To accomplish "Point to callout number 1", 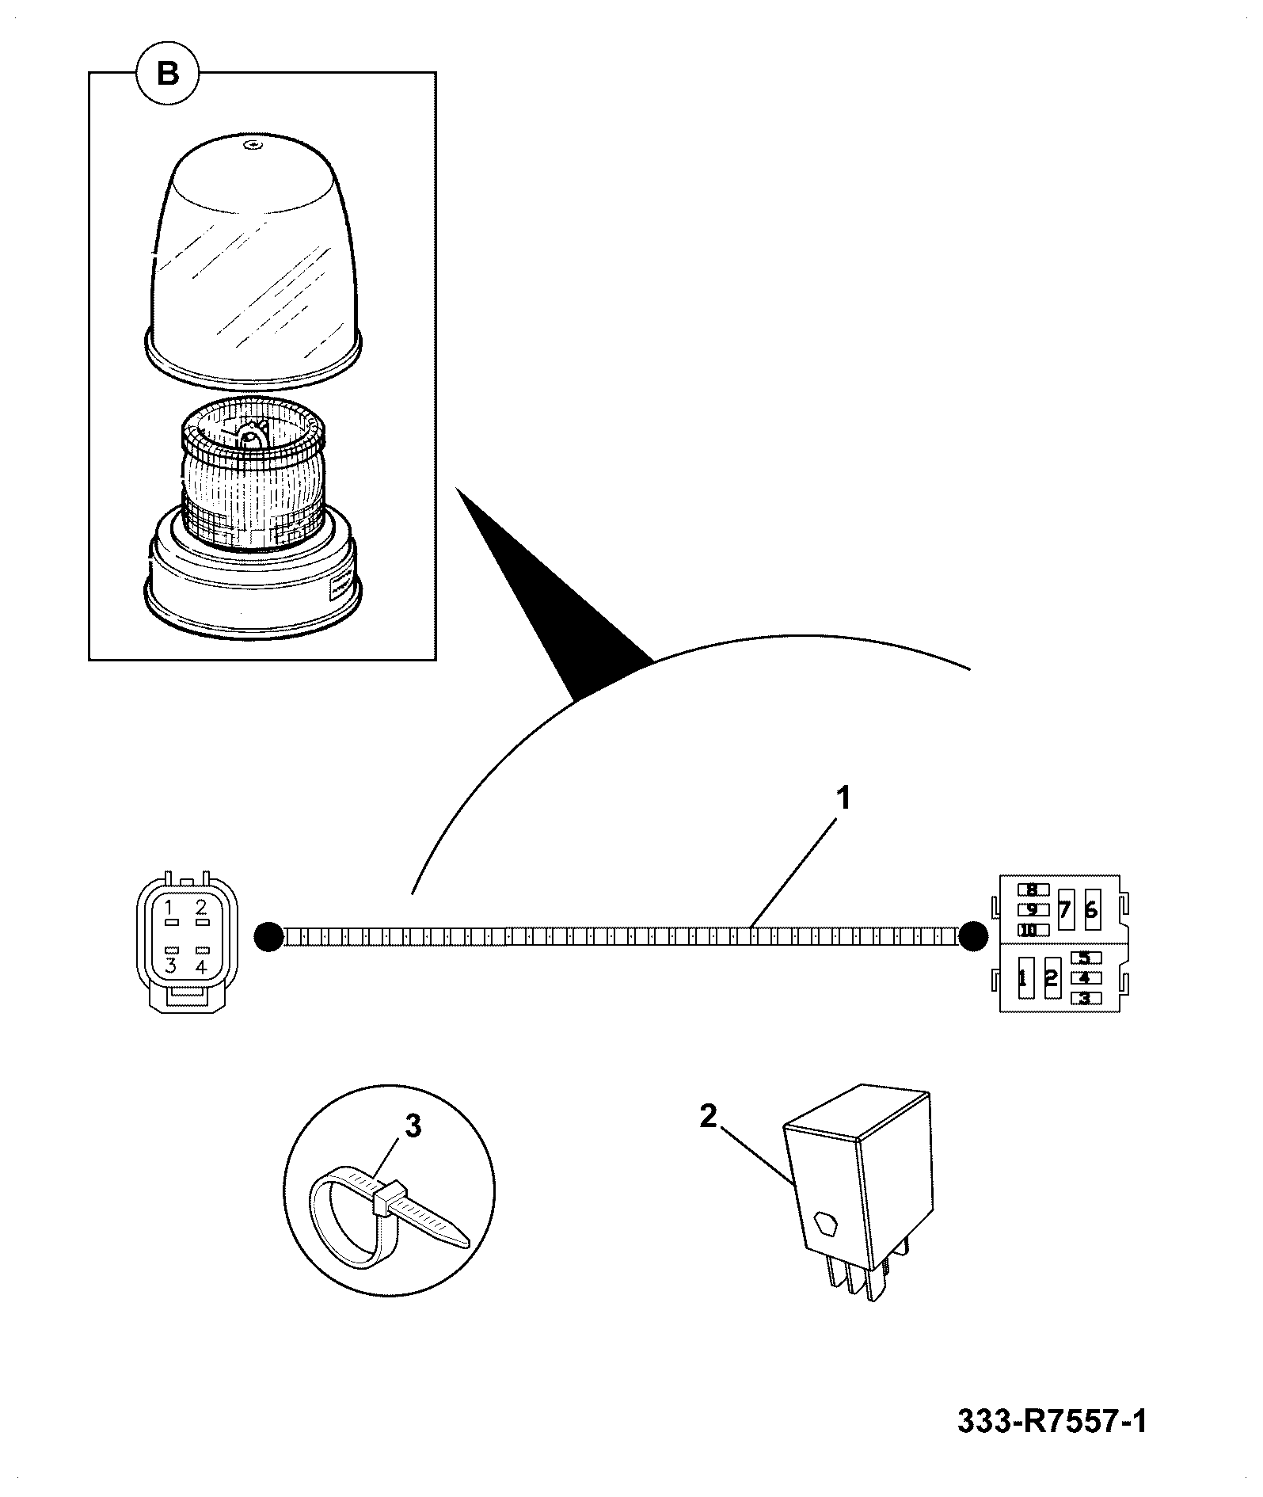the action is (x=844, y=798).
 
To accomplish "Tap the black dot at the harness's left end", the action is (x=269, y=937).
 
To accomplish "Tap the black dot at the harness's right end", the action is (x=973, y=937).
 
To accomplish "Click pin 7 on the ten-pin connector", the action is (x=1064, y=909).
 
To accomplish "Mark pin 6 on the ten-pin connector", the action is (x=1091, y=909).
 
